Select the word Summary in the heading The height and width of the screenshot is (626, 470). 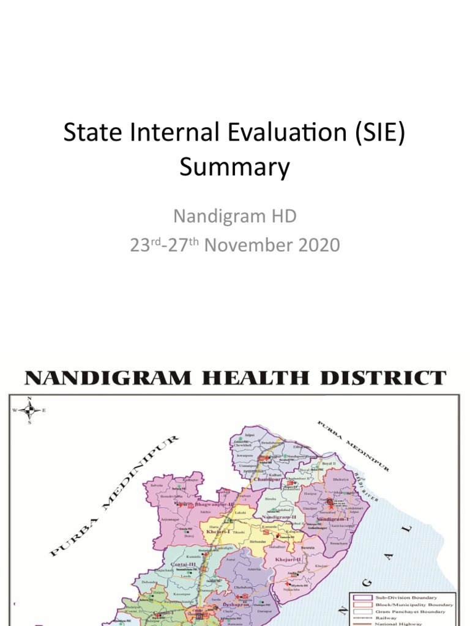point(234,167)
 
